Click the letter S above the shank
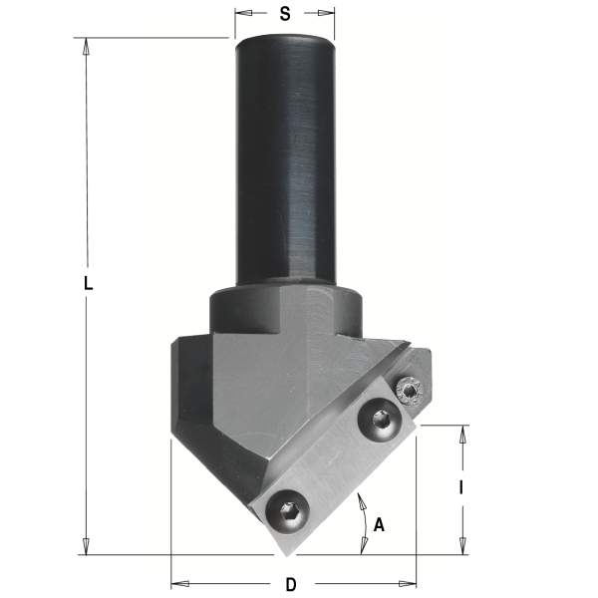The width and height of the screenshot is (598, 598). pos(285,14)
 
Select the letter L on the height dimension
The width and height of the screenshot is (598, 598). pos(88,283)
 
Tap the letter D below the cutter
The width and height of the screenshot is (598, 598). pos(291,584)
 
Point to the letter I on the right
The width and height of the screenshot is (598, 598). pos(460,488)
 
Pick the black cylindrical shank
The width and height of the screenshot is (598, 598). pos(283,159)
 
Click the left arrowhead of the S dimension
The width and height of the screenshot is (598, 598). pos(240,14)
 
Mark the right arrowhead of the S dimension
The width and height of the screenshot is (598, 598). pos(328,14)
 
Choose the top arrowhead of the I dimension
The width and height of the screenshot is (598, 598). pos(461,432)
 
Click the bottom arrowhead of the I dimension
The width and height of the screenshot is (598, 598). pos(461,547)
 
